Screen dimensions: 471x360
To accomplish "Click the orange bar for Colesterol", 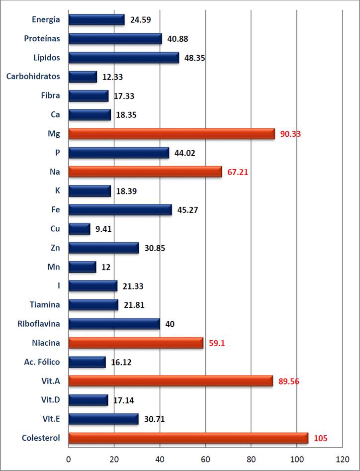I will click(x=188, y=438).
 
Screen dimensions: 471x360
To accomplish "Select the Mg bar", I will click(x=172, y=134).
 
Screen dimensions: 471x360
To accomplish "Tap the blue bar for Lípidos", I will click(x=123, y=58).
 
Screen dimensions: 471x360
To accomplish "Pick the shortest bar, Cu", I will click(x=79, y=229).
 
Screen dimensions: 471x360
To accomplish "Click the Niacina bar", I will click(x=136, y=343).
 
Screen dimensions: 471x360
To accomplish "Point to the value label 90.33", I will click(x=291, y=134).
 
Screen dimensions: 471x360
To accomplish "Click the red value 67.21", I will click(x=238, y=172).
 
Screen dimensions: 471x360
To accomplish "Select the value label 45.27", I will click(x=187, y=210).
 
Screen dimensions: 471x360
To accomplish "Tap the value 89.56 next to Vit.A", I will click(x=289, y=381).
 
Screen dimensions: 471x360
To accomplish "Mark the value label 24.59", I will click(x=140, y=20).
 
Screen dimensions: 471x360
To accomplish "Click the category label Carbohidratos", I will click(x=33, y=77).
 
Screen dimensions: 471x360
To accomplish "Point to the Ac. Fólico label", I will click(x=42, y=362).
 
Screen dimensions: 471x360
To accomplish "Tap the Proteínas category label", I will click(x=42, y=39).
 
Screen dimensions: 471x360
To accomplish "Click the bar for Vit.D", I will click(x=88, y=400).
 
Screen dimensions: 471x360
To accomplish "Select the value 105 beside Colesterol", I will click(x=321, y=438).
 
